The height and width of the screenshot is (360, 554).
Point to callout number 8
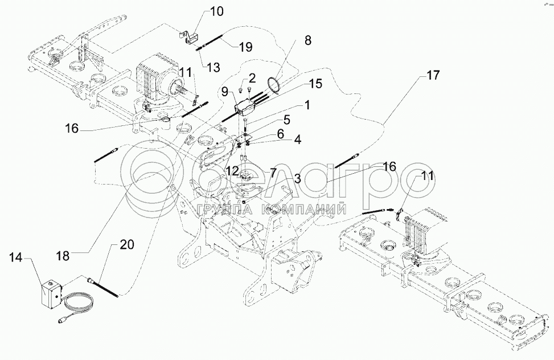[308, 40]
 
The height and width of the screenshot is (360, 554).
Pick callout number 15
[315, 84]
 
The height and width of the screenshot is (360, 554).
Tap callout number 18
[63, 255]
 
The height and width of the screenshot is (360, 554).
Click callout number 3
[297, 179]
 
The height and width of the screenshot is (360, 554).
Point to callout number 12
[231, 170]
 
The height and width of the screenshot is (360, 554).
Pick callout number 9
[225, 91]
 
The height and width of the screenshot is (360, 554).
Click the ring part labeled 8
[276, 85]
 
